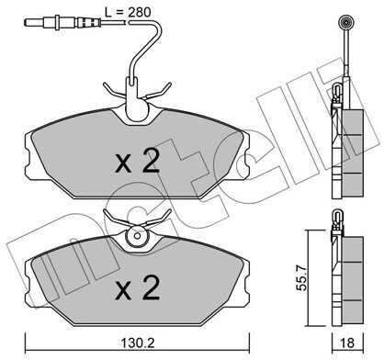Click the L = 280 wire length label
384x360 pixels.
(x=128, y=12)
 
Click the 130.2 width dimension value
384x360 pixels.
(x=137, y=343)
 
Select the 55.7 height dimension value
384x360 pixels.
(x=302, y=278)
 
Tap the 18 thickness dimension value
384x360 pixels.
(x=347, y=343)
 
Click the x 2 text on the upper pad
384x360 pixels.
(x=138, y=163)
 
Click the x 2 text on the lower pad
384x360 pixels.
(x=138, y=287)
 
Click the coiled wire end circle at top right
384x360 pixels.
(x=346, y=22)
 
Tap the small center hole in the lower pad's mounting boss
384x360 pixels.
(x=137, y=236)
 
